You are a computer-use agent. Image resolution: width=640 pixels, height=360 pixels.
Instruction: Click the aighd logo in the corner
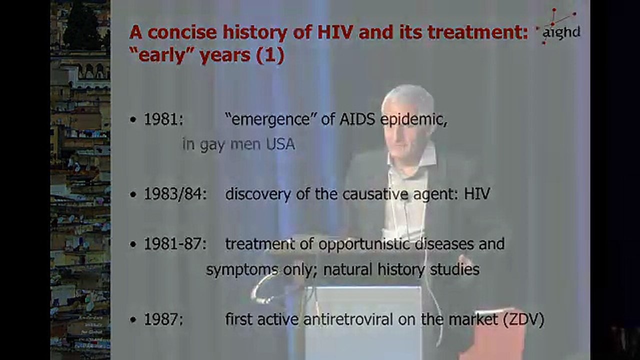click(x=560, y=28)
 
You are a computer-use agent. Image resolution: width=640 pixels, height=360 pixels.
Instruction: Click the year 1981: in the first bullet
click(x=163, y=120)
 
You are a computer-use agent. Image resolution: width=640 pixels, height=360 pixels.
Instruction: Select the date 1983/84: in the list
click(x=174, y=194)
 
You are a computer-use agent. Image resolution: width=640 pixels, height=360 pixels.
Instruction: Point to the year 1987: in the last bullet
click(x=163, y=320)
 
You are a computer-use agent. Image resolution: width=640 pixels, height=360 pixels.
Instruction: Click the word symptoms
click(x=241, y=270)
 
